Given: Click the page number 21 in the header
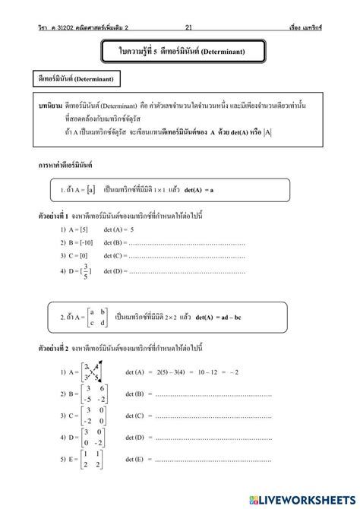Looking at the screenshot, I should point(187,7).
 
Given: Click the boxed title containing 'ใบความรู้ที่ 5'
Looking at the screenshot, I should point(179,51).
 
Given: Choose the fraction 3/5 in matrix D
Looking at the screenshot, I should point(88,271).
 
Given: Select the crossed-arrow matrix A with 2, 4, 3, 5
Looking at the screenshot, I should point(93,371).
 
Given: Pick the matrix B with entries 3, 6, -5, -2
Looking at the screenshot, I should point(93,394).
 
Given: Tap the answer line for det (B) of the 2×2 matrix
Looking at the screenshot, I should point(214,394).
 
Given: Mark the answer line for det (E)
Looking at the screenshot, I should point(214,460).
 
